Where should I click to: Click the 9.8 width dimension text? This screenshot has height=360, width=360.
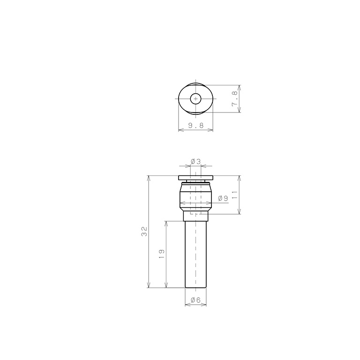click(x=195, y=125)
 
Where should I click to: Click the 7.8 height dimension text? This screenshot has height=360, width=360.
click(x=235, y=99)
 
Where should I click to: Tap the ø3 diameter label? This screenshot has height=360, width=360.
click(x=195, y=162)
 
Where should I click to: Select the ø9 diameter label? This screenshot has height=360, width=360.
click(x=223, y=198)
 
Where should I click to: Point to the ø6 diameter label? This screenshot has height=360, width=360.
click(x=195, y=300)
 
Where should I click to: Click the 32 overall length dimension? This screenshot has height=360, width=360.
click(x=144, y=231)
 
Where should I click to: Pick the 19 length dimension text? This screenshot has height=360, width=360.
click(x=161, y=254)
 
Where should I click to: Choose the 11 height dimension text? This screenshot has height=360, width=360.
click(x=235, y=195)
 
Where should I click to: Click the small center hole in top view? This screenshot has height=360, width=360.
click(x=195, y=99)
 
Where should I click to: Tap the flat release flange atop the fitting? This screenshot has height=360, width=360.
click(x=195, y=178)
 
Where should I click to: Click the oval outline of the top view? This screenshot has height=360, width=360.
click(x=180, y=99)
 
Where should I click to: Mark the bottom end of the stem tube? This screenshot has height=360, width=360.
click(x=195, y=287)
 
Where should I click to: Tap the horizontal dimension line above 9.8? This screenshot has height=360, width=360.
click(x=195, y=130)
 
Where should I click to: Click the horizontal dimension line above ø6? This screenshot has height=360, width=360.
click(x=195, y=305)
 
